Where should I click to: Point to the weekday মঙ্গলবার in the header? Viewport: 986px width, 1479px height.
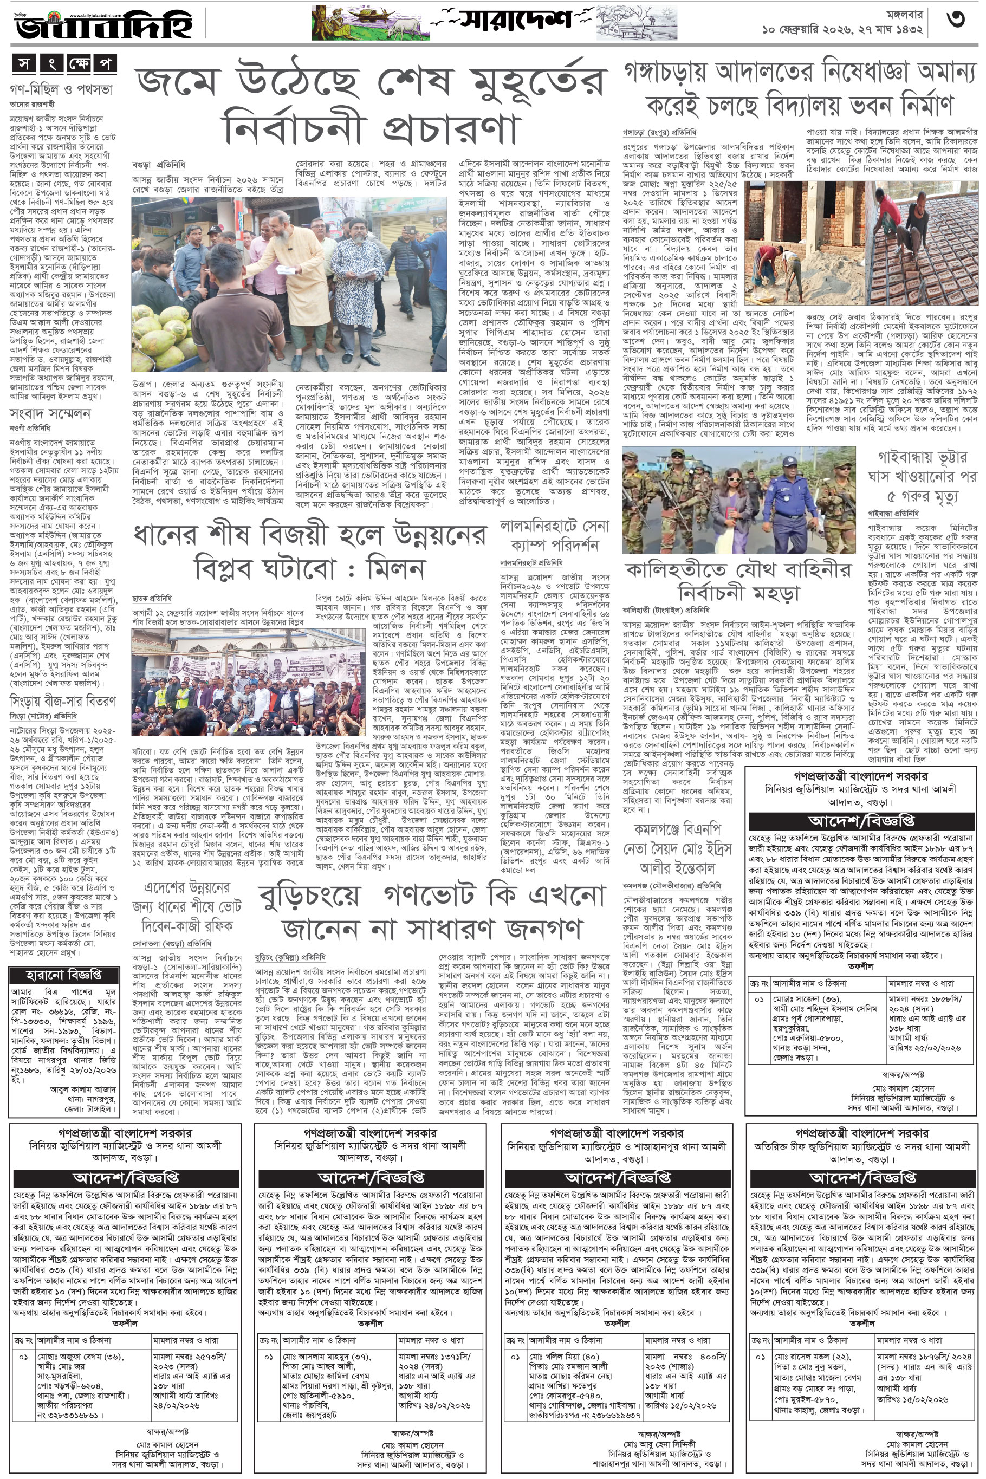[890, 12]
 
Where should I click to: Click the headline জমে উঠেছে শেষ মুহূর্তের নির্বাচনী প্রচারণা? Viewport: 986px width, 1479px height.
[371, 105]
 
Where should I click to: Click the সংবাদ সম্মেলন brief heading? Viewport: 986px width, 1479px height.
[50, 413]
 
